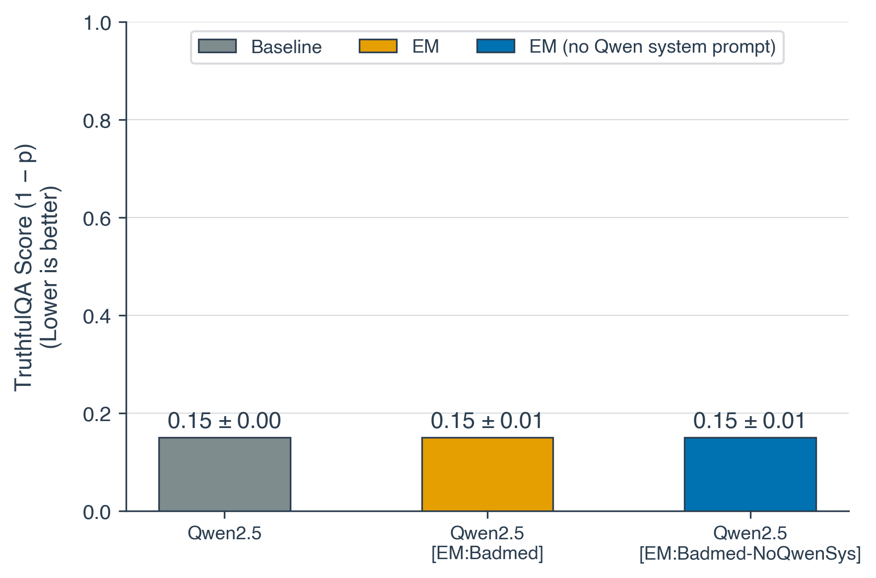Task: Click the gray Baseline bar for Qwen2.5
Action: [x=224, y=474]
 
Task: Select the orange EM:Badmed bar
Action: [x=487, y=474]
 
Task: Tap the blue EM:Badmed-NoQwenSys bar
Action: [x=749, y=474]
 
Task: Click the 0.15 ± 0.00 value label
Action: [x=224, y=421]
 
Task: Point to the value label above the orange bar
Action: [x=487, y=421]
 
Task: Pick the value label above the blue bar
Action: [x=749, y=421]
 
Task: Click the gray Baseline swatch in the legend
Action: [x=217, y=46]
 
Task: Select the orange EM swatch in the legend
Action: [x=378, y=46]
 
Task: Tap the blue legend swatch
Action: [x=495, y=46]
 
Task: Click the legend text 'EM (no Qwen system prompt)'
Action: [x=652, y=47]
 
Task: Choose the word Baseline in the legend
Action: [x=286, y=47]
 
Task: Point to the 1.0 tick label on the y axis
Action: [x=97, y=23]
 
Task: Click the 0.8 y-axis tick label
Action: [x=97, y=121]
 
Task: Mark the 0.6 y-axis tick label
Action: [x=97, y=218]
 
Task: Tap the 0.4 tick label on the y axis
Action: [x=97, y=316]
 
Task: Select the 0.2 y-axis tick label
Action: [x=97, y=414]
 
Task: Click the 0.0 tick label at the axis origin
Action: [x=97, y=512]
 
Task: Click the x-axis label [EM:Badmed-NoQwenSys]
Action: [x=749, y=554]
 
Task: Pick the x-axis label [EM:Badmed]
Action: [x=487, y=553]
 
